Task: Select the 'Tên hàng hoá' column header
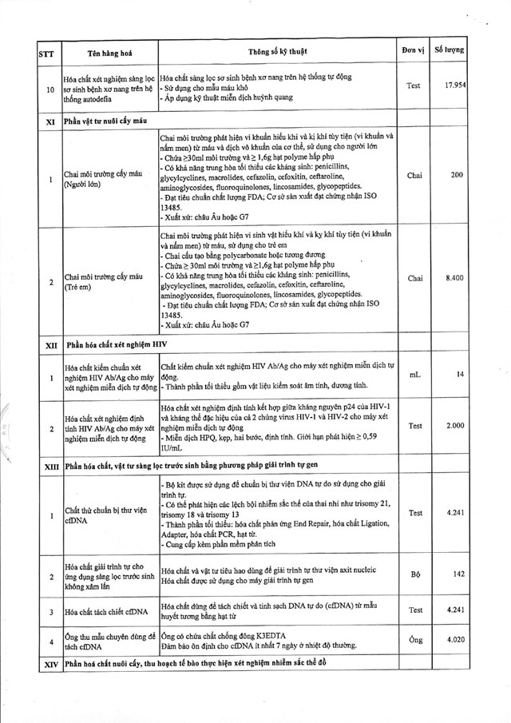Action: pyautogui.click(x=109, y=54)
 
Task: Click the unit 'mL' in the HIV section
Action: pyautogui.click(x=414, y=374)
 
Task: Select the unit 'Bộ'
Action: pyautogui.click(x=414, y=574)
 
